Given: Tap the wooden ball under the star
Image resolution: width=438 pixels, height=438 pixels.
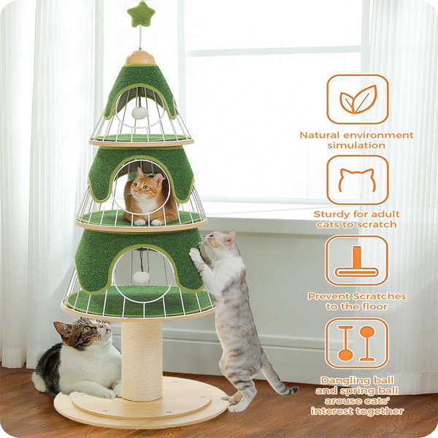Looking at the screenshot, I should coord(140,57).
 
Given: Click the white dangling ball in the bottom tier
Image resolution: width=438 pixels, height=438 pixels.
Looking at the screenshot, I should coord(142,276).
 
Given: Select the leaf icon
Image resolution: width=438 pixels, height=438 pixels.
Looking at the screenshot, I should coord(357,100).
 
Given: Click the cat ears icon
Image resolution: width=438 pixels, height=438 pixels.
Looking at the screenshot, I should coord(357,180).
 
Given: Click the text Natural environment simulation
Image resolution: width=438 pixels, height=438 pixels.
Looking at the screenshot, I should coord(357,140).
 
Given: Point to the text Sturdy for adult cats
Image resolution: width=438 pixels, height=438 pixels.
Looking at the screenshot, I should coord(357,219).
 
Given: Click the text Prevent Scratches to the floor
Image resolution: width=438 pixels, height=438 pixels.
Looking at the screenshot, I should coord(357,301).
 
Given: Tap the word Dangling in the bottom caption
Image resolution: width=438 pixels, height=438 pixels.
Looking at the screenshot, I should coord(340,380).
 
